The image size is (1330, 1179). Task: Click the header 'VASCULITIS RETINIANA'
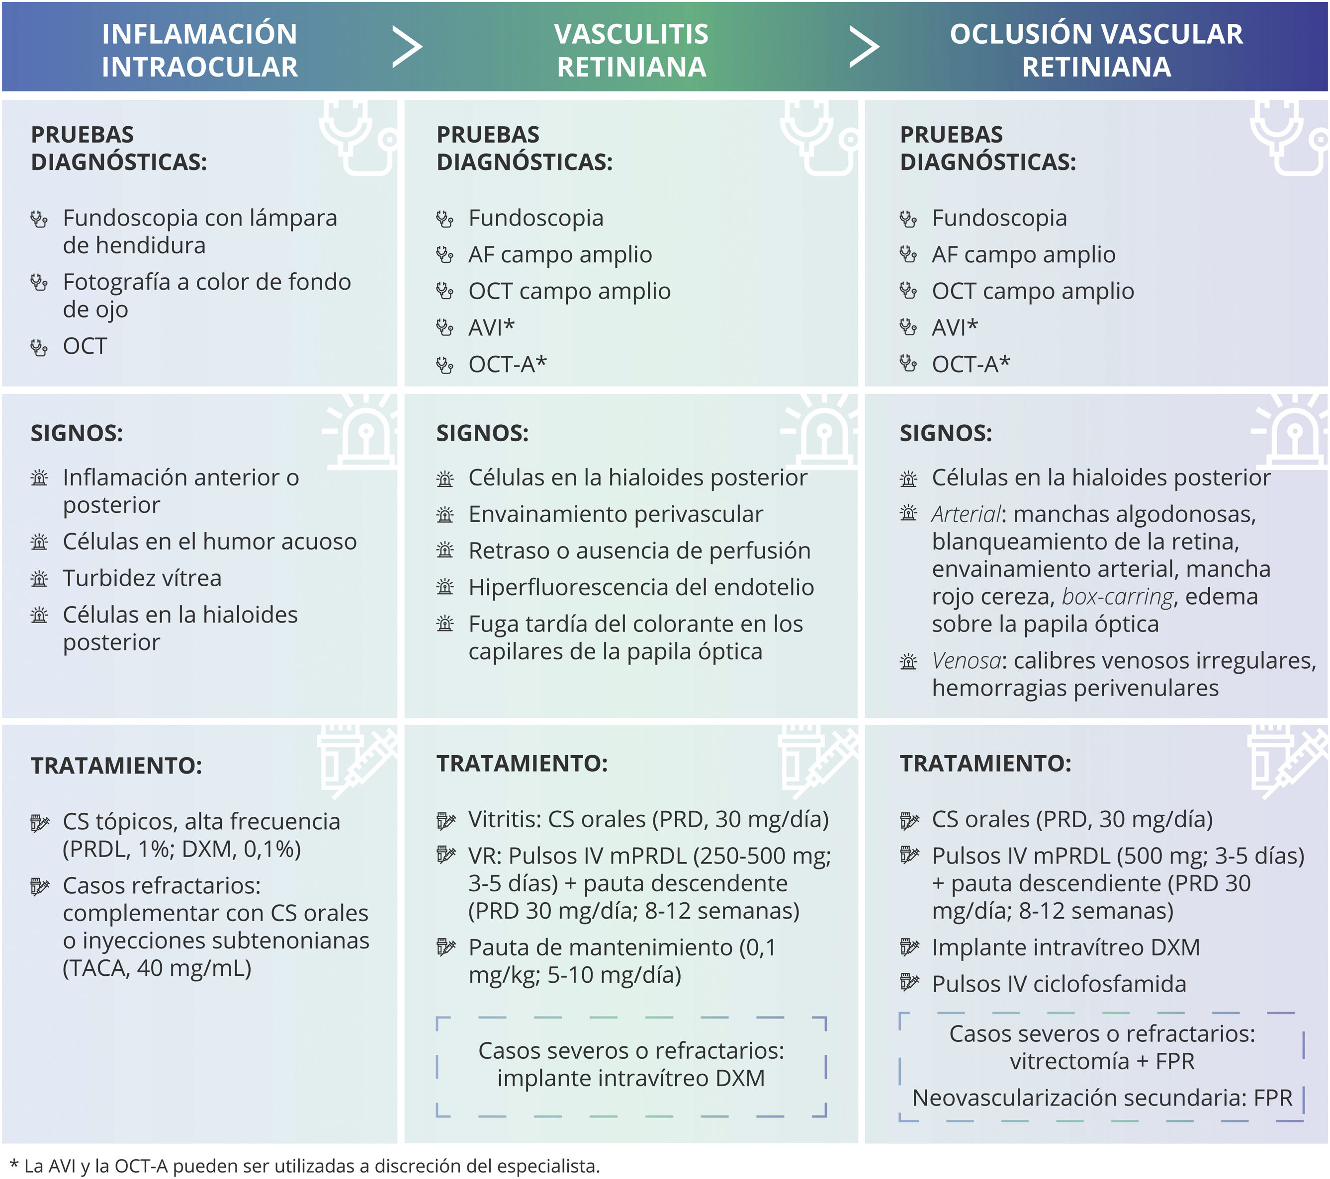coord(631,50)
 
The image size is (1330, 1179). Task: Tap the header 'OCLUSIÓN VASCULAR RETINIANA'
coord(1096,50)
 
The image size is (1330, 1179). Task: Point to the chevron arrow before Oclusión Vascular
coord(865,47)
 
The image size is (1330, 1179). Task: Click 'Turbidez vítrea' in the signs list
coord(142,578)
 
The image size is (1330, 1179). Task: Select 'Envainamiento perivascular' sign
coord(615,514)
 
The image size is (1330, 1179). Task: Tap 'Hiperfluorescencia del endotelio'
coord(641,587)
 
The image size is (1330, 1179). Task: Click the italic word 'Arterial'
coord(966,514)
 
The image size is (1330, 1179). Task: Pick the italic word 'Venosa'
coord(966,661)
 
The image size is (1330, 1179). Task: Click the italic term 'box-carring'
coord(1117,596)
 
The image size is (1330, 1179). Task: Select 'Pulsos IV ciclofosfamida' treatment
coord(1059,984)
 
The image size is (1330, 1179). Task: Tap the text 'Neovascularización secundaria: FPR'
coord(1102,1098)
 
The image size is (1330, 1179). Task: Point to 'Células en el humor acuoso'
coord(209,542)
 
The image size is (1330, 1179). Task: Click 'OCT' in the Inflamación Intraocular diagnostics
coord(85,346)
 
